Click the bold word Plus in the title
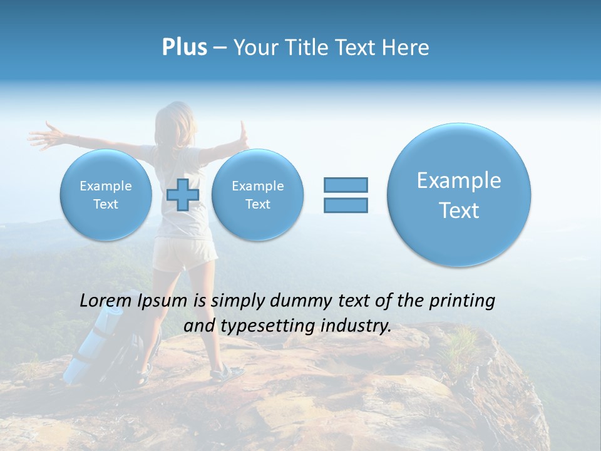[184, 48]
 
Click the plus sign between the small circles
[183, 194]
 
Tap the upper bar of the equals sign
[346, 185]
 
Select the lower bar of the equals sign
[346, 205]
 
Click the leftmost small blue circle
[106, 194]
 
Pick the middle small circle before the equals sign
[257, 194]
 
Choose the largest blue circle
[459, 194]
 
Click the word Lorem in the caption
[106, 301]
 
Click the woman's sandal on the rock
[227, 374]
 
